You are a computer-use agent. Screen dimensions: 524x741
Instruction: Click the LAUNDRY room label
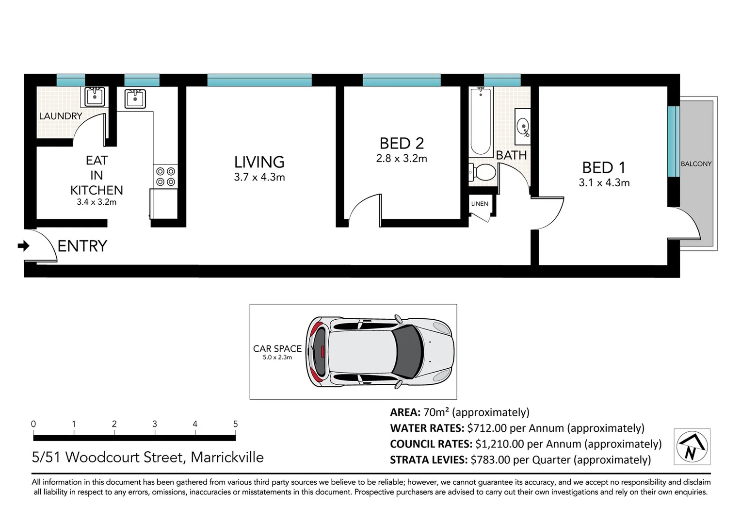point(61,116)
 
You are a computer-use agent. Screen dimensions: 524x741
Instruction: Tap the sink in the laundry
point(95,97)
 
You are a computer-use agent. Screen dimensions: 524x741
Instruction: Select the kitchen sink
point(135,98)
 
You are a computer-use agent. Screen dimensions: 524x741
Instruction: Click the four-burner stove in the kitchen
point(165,177)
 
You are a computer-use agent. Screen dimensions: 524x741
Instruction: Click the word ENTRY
point(82,246)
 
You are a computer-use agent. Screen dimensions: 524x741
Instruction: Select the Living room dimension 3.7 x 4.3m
point(259,177)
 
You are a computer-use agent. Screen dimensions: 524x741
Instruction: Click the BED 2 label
point(402,144)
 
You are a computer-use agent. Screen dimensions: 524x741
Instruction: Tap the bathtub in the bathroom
point(481,121)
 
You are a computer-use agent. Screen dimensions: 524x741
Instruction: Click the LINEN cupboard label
point(480,204)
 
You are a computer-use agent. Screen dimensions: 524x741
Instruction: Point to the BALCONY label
point(696,164)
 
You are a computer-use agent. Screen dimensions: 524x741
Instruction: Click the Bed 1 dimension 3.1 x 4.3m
point(604,183)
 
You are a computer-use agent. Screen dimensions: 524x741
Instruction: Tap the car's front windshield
point(407,352)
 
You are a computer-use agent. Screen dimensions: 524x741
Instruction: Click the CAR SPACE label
point(277,348)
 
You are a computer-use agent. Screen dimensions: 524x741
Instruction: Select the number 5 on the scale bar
point(235,424)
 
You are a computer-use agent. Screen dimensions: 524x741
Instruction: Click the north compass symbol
point(692,447)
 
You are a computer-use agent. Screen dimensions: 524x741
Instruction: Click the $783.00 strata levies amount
point(490,460)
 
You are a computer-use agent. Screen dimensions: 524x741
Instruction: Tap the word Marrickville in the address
point(227,457)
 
